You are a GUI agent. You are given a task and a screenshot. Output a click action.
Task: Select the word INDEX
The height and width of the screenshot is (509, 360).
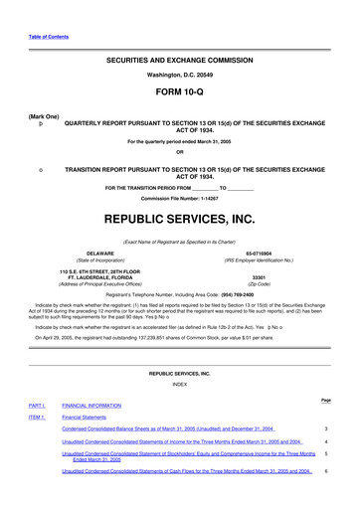(179, 383)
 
